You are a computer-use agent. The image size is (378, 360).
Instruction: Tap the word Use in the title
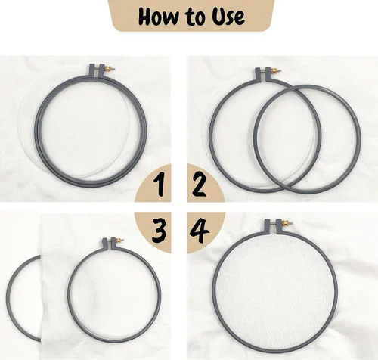(228, 17)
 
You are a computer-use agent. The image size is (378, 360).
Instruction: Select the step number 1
(160, 185)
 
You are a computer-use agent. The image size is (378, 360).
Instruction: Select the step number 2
(199, 185)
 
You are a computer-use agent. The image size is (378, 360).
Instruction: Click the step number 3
(159, 231)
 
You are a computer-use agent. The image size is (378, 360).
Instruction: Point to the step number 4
(200, 231)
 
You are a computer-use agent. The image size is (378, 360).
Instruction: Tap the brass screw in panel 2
(276, 71)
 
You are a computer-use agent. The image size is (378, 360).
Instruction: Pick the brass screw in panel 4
(287, 223)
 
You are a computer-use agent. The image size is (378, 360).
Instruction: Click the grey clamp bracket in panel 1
(98, 70)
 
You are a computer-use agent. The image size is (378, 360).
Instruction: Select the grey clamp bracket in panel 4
(274, 226)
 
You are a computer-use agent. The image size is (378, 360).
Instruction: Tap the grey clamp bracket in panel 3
(110, 244)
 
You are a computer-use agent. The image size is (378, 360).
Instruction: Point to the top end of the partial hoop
(40, 257)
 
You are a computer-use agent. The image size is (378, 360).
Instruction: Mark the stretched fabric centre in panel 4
(274, 293)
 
